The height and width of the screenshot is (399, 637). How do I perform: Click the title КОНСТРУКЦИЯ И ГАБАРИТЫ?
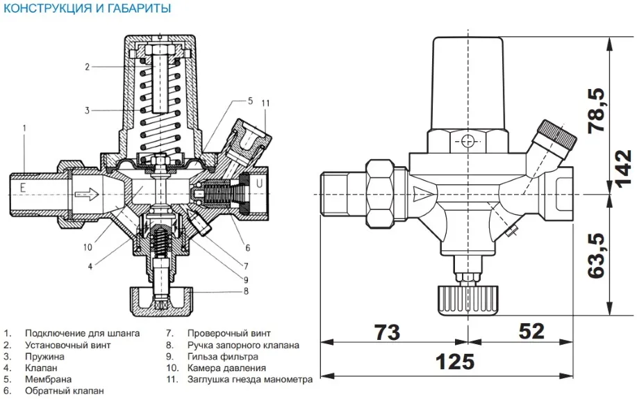coord(87,9)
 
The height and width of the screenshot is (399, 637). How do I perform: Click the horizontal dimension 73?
coord(387,332)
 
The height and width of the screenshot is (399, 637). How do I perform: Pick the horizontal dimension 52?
coord(531,332)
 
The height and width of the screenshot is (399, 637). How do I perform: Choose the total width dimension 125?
coord(456,361)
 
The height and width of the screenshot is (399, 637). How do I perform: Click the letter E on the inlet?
coord(23,186)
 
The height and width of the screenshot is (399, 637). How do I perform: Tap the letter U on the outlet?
coord(258,184)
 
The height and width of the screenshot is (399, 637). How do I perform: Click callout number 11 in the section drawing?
coord(265,104)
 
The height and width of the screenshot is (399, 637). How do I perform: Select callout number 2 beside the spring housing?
coord(88,67)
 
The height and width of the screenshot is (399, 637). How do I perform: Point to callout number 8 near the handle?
coord(246,291)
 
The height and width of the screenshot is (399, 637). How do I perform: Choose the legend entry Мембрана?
coord(48,380)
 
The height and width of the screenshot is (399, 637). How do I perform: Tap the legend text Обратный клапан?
coord(65,391)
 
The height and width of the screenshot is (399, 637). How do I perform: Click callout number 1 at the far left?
coord(24,128)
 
